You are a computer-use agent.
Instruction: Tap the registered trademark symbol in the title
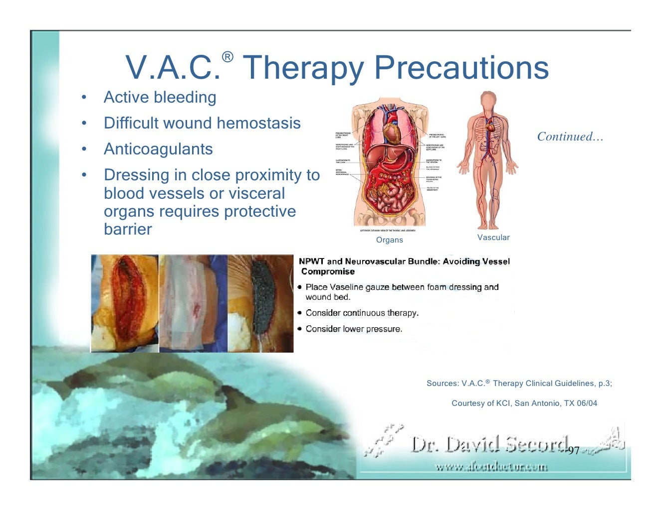pos(227,57)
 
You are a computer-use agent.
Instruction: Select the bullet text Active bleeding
pos(160,97)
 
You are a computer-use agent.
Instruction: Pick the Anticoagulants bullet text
pos(158,149)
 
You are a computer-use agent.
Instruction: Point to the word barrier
pos(128,229)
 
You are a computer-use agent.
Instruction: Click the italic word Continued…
pos(570,136)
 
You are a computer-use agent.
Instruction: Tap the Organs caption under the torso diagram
pos(389,240)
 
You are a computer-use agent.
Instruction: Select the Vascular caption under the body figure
pos(493,238)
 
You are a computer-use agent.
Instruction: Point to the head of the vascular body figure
pos(488,100)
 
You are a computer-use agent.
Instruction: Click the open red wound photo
pos(125,303)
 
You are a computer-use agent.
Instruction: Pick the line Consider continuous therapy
pos(362,313)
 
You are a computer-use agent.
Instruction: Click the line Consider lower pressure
pos(354,329)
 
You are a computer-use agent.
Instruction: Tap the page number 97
pos(574,451)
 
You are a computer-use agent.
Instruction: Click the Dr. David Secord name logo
pos(489,444)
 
